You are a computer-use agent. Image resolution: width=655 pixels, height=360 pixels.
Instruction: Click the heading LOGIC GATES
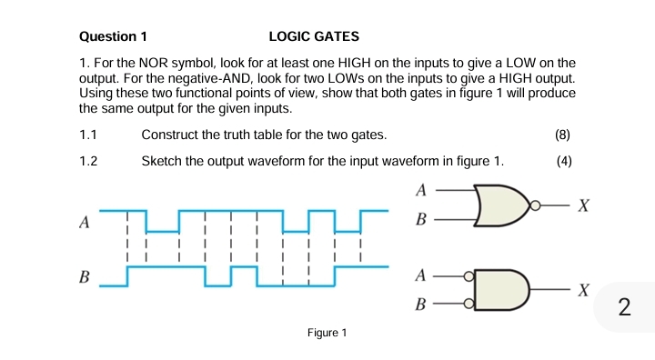[314, 37]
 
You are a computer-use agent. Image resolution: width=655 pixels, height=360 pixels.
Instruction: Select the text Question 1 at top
[113, 37]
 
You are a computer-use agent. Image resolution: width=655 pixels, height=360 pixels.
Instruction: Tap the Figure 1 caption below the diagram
[327, 333]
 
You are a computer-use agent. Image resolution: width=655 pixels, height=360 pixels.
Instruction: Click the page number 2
[623, 306]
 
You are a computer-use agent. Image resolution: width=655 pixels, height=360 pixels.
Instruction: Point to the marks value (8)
[562, 135]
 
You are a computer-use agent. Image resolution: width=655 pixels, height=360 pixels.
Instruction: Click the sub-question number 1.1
[88, 135]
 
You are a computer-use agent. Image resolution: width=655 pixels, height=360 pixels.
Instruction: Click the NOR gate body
[499, 206]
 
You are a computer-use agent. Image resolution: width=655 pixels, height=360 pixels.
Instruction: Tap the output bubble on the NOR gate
[536, 206]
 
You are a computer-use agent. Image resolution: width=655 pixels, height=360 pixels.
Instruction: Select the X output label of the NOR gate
[585, 206]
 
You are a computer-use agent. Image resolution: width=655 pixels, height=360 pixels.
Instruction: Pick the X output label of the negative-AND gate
[585, 290]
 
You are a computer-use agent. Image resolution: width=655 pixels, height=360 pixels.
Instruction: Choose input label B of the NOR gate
[420, 220]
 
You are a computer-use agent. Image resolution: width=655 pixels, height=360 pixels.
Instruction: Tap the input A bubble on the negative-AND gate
[469, 275]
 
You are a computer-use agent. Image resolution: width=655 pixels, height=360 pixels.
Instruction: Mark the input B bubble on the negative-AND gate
[469, 304]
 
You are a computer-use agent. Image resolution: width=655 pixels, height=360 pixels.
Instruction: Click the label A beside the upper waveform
[85, 223]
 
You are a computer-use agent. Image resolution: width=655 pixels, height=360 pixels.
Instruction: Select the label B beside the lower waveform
[85, 276]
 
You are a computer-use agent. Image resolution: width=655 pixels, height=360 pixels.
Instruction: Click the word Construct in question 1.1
[172, 135]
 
